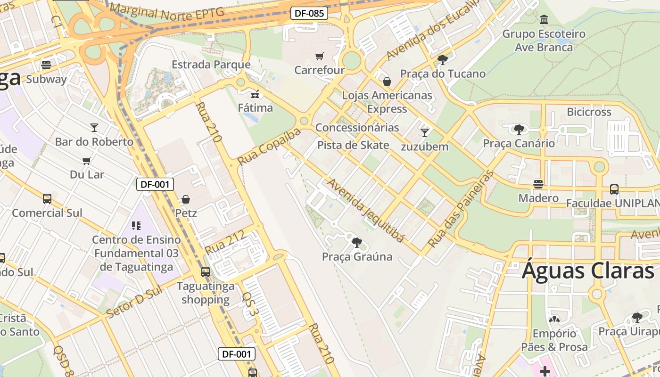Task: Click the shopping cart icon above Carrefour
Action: pyautogui.click(x=319, y=57)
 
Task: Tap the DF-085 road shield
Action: pyautogui.click(x=309, y=13)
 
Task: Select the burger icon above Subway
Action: pyautogui.click(x=46, y=65)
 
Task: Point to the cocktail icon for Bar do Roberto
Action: pyautogui.click(x=94, y=127)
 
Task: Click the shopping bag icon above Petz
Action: pyautogui.click(x=186, y=199)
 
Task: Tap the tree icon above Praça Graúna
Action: pyautogui.click(x=357, y=243)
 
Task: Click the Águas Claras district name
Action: pyautogui.click(x=588, y=271)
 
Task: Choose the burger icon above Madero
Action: pyautogui.click(x=538, y=184)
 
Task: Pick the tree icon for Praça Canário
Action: pyautogui.click(x=519, y=129)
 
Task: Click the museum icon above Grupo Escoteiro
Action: pyautogui.click(x=544, y=20)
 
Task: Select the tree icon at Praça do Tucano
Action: pyautogui.click(x=442, y=59)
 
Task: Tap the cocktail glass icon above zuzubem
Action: pyautogui.click(x=424, y=132)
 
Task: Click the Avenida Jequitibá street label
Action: pyautogui.click(x=366, y=210)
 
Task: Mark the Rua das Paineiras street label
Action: pyautogui.click(x=461, y=209)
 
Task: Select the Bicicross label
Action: pyautogui.click(x=589, y=112)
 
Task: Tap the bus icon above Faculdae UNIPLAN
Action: pyautogui.click(x=614, y=189)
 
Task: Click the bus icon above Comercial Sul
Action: pyautogui.click(x=47, y=199)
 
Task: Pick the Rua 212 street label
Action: pyautogui.click(x=225, y=242)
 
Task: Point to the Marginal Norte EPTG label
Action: pyautogui.click(x=166, y=12)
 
